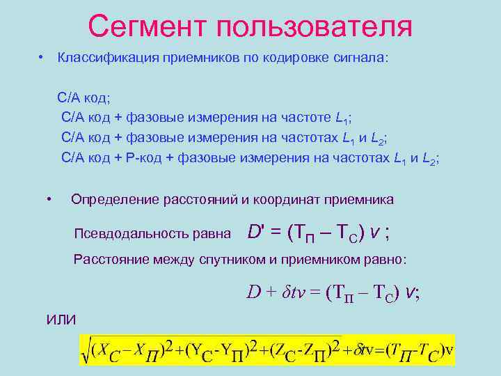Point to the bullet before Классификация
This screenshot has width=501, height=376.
(42, 56)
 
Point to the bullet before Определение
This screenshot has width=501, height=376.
(49, 199)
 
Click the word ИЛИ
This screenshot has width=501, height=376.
(61, 320)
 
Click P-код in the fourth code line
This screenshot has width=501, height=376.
(145, 158)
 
